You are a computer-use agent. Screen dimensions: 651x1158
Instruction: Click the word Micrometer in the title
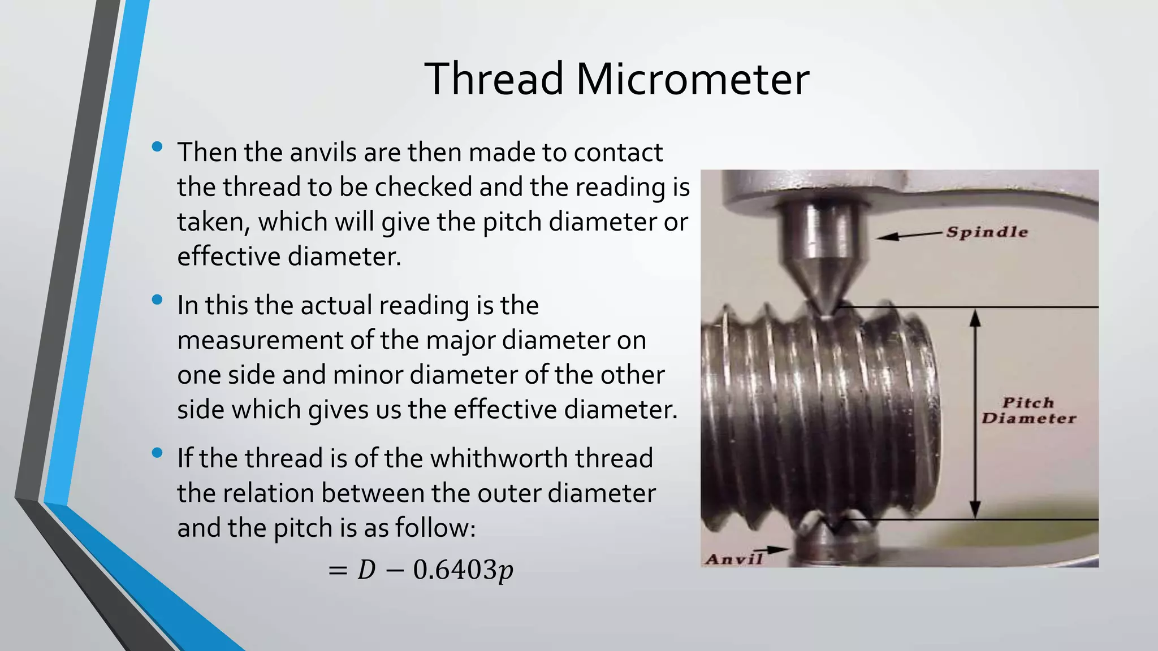pyautogui.click(x=692, y=79)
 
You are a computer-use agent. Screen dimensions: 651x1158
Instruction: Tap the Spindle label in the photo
pyautogui.click(x=987, y=232)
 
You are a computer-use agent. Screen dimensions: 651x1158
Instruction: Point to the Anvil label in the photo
pyautogui.click(x=733, y=559)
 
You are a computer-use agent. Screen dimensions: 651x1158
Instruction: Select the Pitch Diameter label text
pyautogui.click(x=1029, y=411)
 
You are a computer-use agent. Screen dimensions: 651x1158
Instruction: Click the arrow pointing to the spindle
pyautogui.click(x=910, y=235)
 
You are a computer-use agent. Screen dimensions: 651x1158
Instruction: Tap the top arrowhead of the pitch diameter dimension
pyautogui.click(x=975, y=318)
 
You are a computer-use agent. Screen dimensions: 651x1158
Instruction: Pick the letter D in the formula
pyautogui.click(x=366, y=570)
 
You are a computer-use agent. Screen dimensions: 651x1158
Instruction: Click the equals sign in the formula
pyautogui.click(x=337, y=570)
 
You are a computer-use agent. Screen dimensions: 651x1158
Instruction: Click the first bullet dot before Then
pyautogui.click(x=157, y=147)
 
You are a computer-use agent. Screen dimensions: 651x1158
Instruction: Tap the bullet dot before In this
pyautogui.click(x=157, y=300)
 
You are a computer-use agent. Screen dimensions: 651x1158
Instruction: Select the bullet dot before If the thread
pyautogui.click(x=157, y=453)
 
